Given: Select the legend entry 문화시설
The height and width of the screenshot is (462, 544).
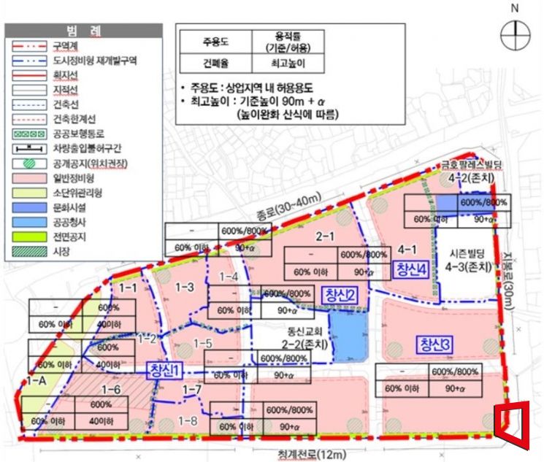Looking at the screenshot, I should (x=71, y=207).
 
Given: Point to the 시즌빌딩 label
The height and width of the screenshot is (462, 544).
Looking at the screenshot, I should (x=470, y=247).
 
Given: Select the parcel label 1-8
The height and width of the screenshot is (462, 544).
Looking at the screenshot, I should (x=188, y=420).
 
